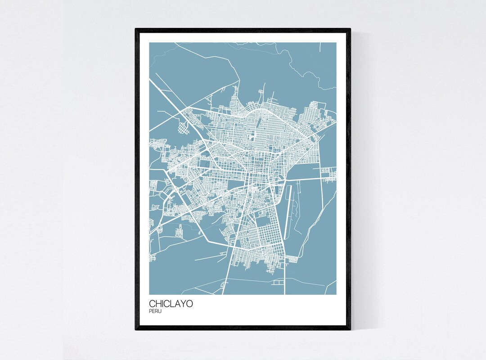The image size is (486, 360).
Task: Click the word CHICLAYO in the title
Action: (171, 304)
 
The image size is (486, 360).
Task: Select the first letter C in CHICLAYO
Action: (152, 304)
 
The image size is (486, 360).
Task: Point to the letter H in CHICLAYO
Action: (158, 304)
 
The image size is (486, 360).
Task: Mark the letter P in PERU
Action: (150, 310)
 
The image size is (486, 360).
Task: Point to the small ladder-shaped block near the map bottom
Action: (279, 283)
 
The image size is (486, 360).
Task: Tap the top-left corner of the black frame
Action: (136, 29)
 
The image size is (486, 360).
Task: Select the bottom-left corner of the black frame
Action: (136, 330)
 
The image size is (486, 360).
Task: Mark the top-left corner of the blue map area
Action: (149, 43)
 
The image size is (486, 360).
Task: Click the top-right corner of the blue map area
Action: (336, 43)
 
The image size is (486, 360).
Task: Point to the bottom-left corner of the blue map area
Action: (149, 295)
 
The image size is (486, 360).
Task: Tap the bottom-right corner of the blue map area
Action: (336, 295)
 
